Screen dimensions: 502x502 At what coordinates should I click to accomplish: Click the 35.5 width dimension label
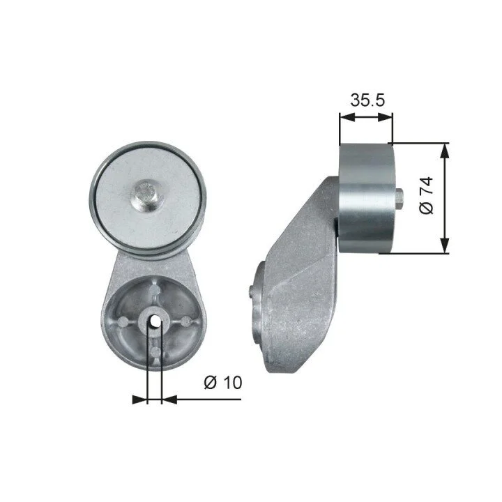click(x=367, y=100)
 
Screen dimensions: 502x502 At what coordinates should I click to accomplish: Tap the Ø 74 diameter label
click(x=426, y=195)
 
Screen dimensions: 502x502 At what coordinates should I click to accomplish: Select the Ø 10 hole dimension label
click(x=223, y=382)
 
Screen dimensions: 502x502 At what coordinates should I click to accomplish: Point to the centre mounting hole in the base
click(x=155, y=321)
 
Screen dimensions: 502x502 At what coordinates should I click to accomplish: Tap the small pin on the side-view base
click(x=251, y=291)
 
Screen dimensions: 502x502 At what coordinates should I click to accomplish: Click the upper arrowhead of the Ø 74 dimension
click(x=444, y=151)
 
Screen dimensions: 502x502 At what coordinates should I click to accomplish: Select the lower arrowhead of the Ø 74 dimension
click(x=444, y=245)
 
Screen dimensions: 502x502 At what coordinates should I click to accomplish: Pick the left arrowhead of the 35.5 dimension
click(x=347, y=117)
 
